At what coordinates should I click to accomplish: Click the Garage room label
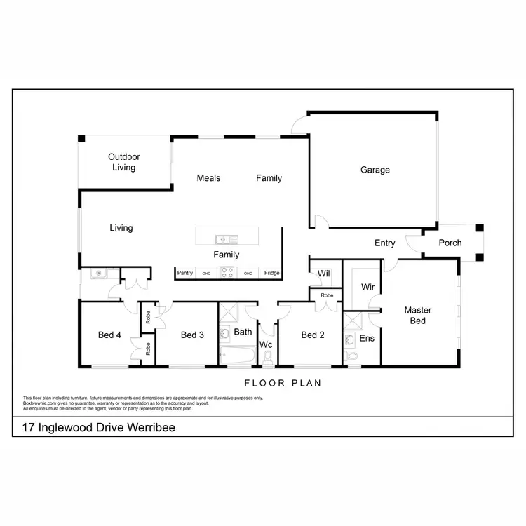pyautogui.click(x=375, y=170)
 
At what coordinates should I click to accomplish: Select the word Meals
pyautogui.click(x=208, y=178)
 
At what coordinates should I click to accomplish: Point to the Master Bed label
pyautogui.click(x=418, y=316)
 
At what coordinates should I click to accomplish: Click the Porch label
pyautogui.click(x=450, y=243)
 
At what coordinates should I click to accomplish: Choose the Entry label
pyautogui.click(x=384, y=243)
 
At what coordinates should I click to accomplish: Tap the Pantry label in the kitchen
pyautogui.click(x=185, y=273)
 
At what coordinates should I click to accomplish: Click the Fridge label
pyautogui.click(x=271, y=273)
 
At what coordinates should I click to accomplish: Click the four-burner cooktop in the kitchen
pyautogui.click(x=227, y=273)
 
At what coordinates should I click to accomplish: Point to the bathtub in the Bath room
pyautogui.click(x=236, y=355)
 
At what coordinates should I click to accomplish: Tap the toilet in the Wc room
pyautogui.click(x=267, y=357)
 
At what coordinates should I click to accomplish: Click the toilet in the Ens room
pyautogui.click(x=352, y=358)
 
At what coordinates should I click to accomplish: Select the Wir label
pyautogui.click(x=367, y=287)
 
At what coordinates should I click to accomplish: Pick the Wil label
pyautogui.click(x=323, y=274)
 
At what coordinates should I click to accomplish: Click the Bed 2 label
pyautogui.click(x=313, y=335)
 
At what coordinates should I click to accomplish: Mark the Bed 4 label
pyautogui.click(x=110, y=335)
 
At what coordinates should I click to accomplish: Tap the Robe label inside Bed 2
pyautogui.click(x=327, y=296)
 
